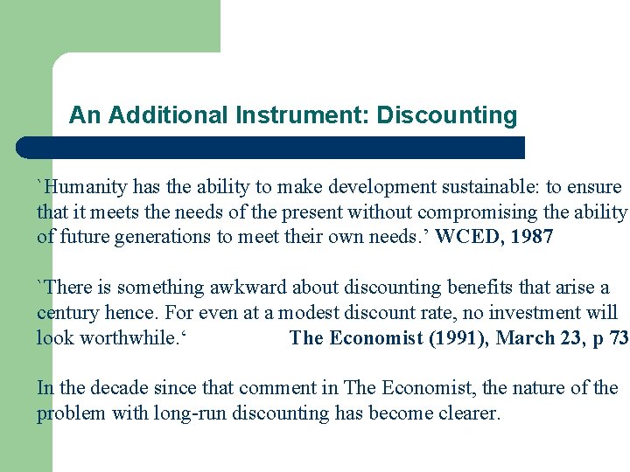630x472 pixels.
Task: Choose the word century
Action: click(68, 313)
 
